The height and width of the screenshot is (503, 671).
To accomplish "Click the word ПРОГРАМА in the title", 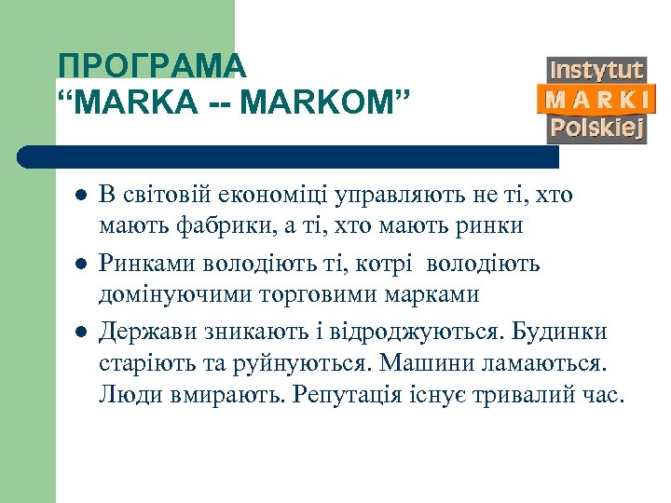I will (151, 66).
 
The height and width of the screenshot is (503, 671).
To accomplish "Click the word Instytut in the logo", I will (596, 70).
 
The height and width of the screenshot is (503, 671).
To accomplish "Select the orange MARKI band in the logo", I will (596, 99).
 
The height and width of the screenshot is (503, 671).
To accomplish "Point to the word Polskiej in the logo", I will (596, 128).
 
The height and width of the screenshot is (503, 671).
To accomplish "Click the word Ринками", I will (141, 265).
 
